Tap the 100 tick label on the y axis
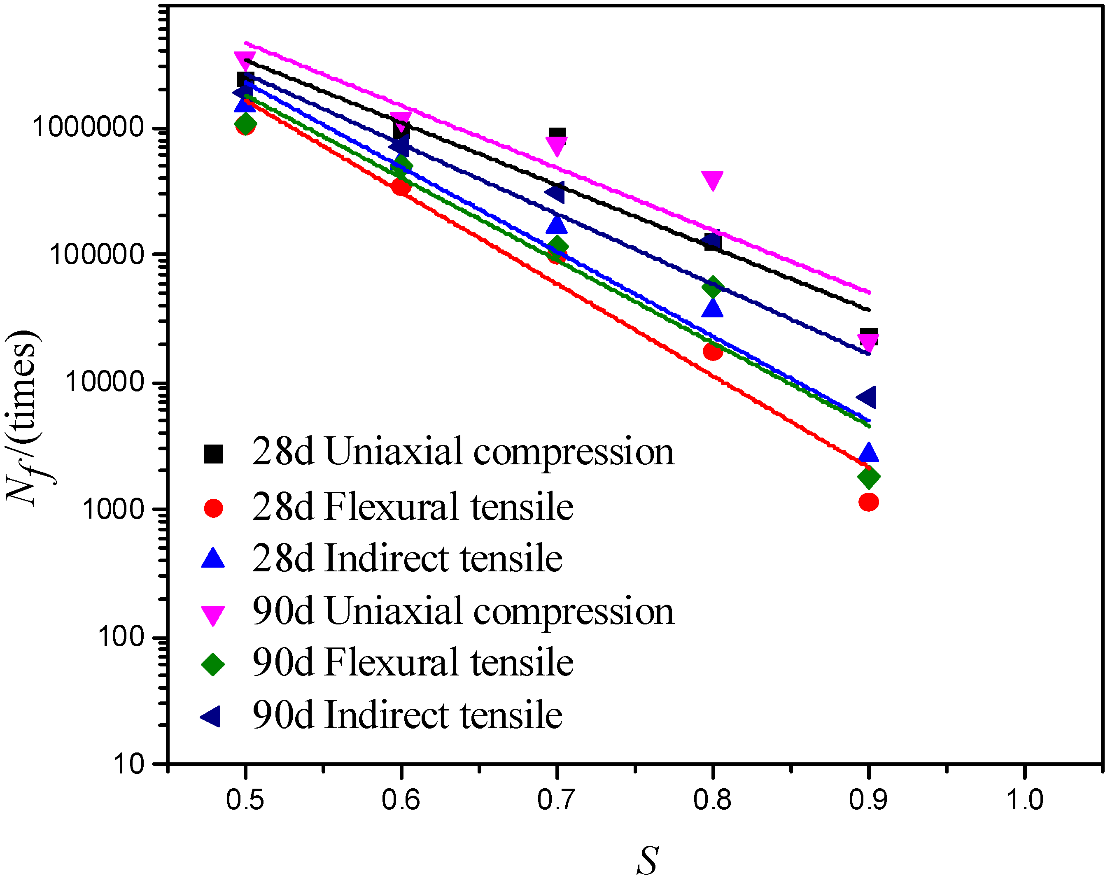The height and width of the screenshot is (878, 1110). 121,637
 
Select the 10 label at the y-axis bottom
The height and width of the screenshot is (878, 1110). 129,764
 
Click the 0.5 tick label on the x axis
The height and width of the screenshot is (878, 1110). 245,800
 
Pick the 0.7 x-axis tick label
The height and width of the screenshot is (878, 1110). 556,800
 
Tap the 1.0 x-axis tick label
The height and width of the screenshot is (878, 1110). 1024,800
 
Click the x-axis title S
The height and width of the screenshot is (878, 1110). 647,860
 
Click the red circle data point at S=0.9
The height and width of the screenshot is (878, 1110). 868,502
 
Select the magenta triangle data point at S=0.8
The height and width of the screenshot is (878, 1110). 712,179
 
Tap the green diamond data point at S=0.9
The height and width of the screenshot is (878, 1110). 868,477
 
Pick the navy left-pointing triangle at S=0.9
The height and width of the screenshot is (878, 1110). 867,397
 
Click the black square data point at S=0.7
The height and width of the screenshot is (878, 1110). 557,135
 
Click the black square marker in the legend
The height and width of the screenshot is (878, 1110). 213,453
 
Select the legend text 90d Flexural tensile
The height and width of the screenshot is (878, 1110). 412,663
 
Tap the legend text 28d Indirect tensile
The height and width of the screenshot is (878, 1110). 407,558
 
